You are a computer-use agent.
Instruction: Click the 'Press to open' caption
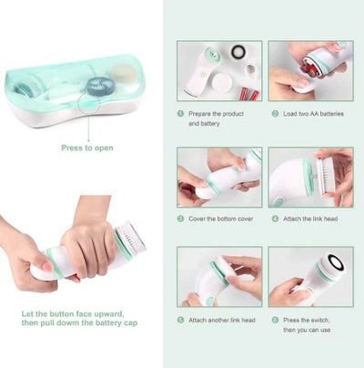(x=87, y=147)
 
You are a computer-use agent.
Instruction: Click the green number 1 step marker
(x=180, y=114)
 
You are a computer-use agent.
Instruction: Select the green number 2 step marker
(x=274, y=114)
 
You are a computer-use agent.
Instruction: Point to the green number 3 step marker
(x=180, y=220)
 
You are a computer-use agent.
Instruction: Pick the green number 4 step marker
(x=274, y=220)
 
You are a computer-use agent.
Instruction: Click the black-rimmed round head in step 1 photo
(x=238, y=52)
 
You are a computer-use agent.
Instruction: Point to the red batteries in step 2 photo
(x=311, y=66)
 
